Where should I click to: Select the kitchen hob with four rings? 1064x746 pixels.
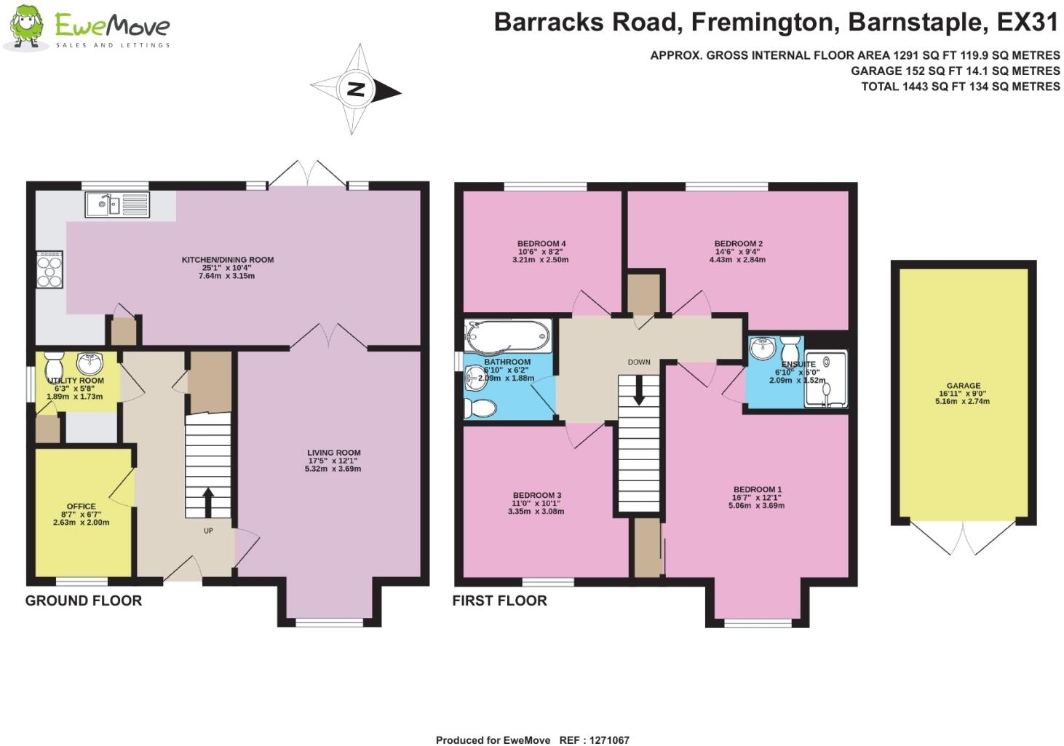coord(49,270)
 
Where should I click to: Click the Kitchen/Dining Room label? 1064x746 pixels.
coord(228,260)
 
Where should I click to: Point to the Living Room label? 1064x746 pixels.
coord(333,453)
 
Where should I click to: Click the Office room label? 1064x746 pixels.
coord(82,507)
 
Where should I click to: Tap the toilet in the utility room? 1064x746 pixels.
coord(55,363)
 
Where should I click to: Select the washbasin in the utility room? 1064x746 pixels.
coord(90,362)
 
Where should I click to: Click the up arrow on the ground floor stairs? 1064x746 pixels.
coord(207,501)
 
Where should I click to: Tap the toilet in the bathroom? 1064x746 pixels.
coord(480,408)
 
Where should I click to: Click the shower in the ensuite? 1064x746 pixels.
coord(825,379)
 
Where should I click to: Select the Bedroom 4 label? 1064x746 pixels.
coord(541,244)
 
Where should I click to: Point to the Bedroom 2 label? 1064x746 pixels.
coord(738,244)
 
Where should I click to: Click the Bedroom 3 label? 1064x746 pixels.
coord(536,496)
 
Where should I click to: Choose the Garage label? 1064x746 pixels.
coord(963,386)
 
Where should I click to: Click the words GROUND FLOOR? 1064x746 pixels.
coord(84,600)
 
